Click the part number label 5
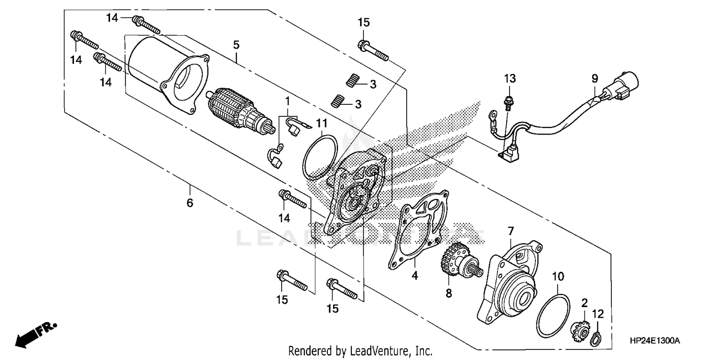tap(236, 45)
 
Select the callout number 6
tap(190, 203)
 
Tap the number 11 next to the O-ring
tap(322, 124)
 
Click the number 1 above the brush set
tap(287, 101)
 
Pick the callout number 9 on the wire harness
tap(595, 77)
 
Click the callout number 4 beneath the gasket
tap(414, 276)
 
